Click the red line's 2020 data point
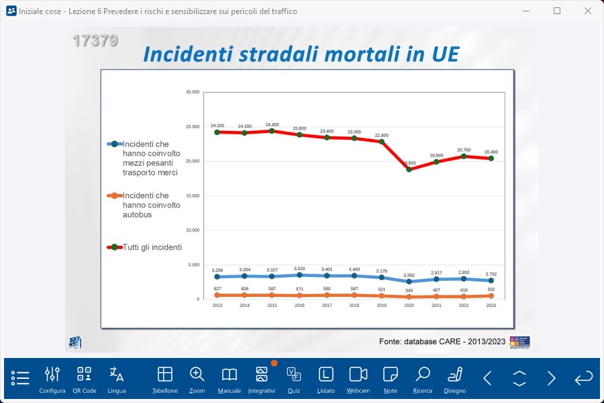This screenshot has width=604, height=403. click(x=409, y=169)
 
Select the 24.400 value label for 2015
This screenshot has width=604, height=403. click(x=272, y=125)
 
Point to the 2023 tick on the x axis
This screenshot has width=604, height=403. click(x=491, y=306)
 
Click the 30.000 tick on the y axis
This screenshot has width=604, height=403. click(x=193, y=92)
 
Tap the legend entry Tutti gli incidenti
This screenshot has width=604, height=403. click(x=152, y=247)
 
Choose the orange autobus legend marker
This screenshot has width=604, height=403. click(x=114, y=195)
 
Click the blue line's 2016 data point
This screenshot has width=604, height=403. click(x=299, y=275)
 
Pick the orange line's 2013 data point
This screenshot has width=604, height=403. click(x=217, y=295)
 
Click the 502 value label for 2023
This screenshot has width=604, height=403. click(x=491, y=289)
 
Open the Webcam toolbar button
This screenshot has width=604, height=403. click(x=358, y=378)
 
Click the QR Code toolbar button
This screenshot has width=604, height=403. click(x=84, y=378)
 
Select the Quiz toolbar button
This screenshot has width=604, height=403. click(x=293, y=378)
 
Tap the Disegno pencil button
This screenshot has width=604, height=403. click(x=455, y=378)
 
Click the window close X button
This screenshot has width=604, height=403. click(x=588, y=11)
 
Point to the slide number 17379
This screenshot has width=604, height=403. click(x=95, y=40)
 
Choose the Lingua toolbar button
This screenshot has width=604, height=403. click(x=117, y=378)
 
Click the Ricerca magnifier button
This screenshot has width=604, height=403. click(x=423, y=378)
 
